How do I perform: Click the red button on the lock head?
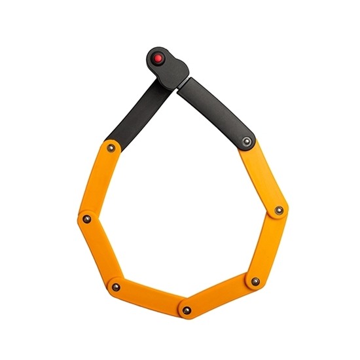coord(158,59)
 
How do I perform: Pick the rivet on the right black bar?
coord(246,141)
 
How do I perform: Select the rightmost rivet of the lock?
coord(279,210)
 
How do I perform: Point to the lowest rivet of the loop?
coord(187,310)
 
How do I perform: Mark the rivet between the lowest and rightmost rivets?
coord(255,281)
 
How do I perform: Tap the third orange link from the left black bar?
coord(151,297)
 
